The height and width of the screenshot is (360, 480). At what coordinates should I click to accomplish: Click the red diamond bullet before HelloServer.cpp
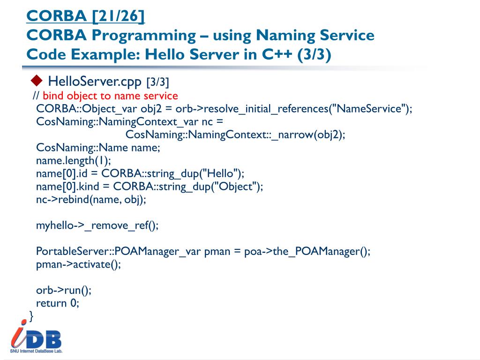[36, 81]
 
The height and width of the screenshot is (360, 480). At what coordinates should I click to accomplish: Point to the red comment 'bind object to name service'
[110, 96]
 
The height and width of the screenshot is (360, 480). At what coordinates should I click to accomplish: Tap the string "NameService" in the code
[368, 109]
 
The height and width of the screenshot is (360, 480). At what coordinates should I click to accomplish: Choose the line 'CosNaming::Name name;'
[98, 148]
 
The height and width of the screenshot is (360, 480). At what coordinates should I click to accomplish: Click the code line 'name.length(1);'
[74, 161]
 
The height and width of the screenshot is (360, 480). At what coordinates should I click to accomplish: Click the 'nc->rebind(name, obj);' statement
[91, 200]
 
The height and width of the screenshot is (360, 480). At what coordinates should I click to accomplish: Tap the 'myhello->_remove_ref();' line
[97, 225]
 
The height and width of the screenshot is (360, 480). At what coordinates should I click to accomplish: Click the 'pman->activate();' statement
[78, 264]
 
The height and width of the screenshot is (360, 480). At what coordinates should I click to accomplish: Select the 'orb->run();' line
[64, 290]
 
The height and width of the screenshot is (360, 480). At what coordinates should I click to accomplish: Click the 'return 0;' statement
[58, 303]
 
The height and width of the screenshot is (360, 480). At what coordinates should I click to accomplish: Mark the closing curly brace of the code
[31, 316]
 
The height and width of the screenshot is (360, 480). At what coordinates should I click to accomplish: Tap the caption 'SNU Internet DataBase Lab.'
[36, 351]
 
